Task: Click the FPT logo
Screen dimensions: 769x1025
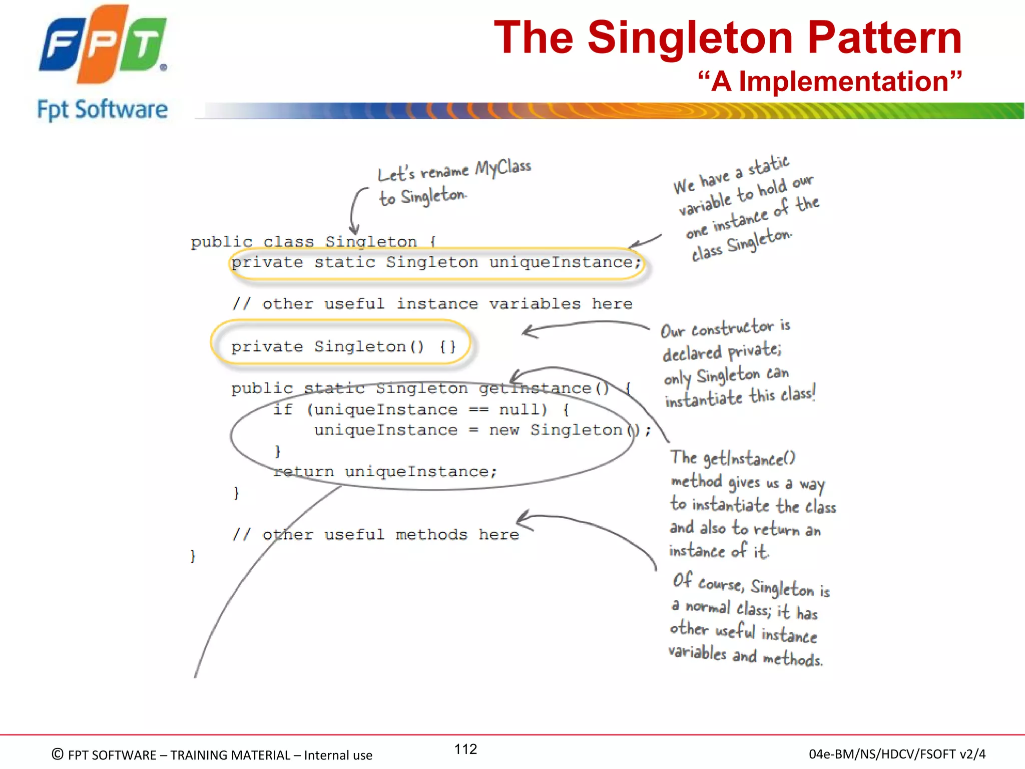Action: click(x=103, y=45)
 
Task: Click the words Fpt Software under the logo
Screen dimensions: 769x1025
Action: click(x=103, y=110)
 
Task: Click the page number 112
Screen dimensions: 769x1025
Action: click(x=465, y=749)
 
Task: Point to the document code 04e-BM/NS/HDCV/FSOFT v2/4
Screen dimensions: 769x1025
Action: click(x=897, y=754)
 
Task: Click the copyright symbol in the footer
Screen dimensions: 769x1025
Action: click(x=58, y=754)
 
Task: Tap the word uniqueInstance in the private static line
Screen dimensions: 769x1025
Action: click(x=564, y=262)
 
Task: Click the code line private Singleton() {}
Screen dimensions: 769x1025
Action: click(x=343, y=346)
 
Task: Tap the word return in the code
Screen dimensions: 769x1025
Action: click(x=304, y=472)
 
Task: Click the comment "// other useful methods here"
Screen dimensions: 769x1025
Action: click(x=376, y=535)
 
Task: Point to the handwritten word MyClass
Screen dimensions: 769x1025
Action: click(x=503, y=167)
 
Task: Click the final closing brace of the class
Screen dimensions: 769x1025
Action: click(x=193, y=556)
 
